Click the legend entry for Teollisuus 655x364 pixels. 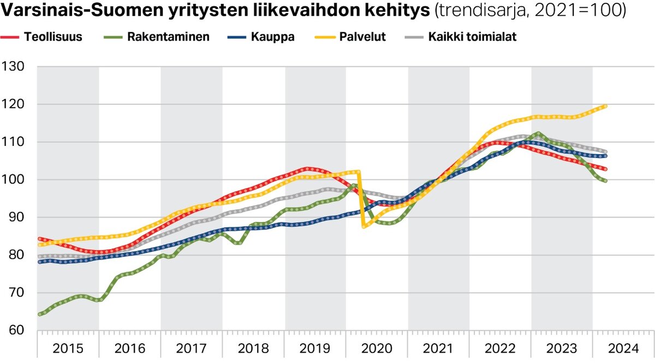(x=52, y=37)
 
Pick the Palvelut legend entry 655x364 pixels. (x=362, y=37)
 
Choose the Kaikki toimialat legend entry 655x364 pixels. (x=472, y=37)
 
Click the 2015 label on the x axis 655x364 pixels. (x=68, y=348)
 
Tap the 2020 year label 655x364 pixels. (x=377, y=348)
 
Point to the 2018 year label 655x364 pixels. (x=254, y=348)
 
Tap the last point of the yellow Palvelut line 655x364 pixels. (x=605, y=106)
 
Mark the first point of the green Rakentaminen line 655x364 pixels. (x=39, y=314)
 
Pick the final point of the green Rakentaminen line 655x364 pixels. (x=605, y=181)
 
